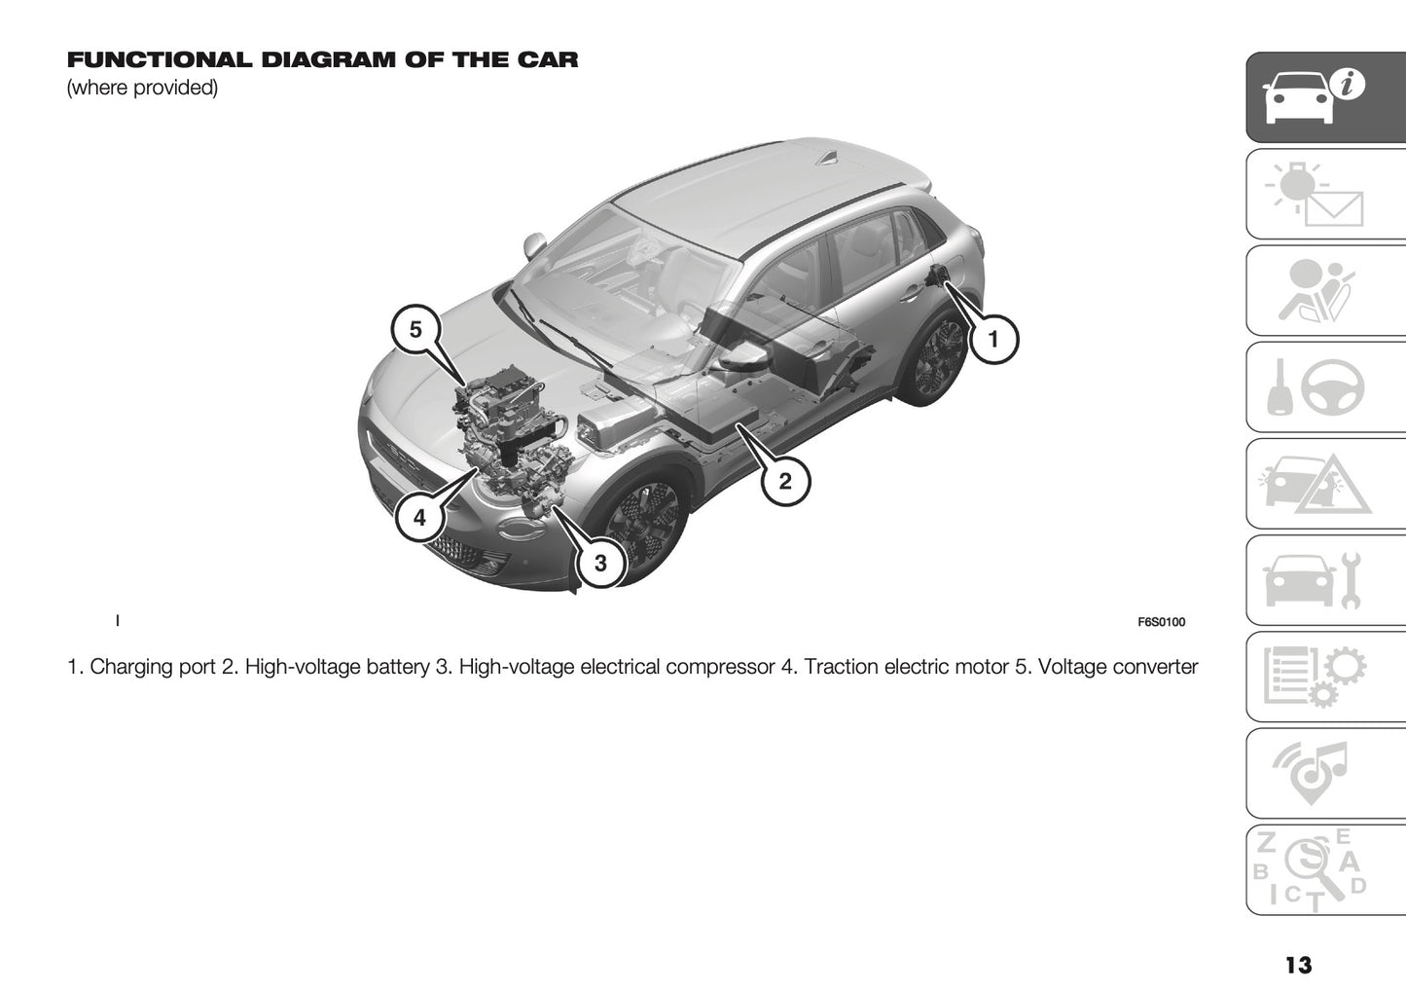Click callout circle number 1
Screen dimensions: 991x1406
tap(992, 340)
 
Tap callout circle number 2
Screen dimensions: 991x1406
tap(784, 480)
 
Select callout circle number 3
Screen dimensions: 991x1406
tap(600, 563)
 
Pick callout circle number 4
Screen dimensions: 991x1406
tap(419, 518)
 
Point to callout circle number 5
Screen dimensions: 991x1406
tap(415, 330)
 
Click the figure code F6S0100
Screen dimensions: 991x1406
tap(1161, 622)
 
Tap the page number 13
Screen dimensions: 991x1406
tap(1297, 965)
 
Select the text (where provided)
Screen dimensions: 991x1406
tap(142, 88)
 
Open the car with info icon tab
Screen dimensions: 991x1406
tap(1326, 97)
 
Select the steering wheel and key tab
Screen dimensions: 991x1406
tap(1326, 387)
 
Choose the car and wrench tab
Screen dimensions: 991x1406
tap(1326, 580)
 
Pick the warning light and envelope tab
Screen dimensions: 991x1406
tap(1326, 195)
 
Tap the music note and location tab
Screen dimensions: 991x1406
tap(1326, 773)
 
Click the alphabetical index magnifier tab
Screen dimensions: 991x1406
tap(1326, 869)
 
